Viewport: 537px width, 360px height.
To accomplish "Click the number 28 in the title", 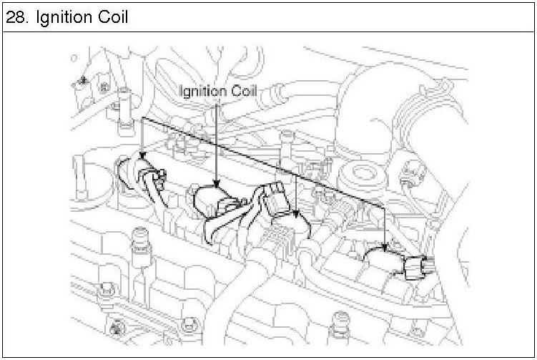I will pos(16,16).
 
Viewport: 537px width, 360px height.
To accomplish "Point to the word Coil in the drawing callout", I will pos(244,91).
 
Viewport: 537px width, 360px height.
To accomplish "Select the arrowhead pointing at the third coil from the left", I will pos(295,214).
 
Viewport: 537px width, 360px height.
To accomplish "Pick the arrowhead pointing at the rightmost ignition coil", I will pos(386,248).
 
